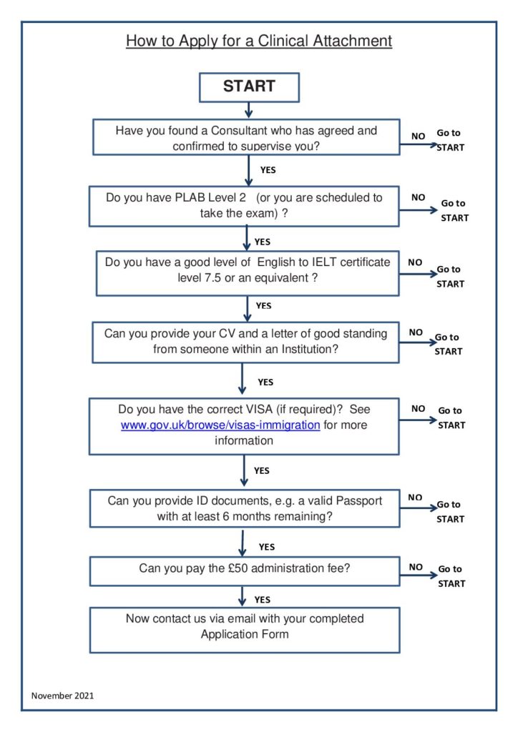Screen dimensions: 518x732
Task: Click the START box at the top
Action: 249,87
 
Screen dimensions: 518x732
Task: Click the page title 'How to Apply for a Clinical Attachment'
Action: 259,41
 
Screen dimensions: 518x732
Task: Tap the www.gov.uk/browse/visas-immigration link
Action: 220,425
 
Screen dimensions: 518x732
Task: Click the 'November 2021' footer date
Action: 62,696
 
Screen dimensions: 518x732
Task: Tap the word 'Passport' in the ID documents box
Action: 358,501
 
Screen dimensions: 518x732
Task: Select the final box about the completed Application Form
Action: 245,630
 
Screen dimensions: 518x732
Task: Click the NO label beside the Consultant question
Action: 418,137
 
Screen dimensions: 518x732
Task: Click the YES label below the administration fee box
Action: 263,600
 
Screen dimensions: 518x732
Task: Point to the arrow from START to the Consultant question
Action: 248,110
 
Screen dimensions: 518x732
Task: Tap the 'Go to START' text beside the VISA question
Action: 451,417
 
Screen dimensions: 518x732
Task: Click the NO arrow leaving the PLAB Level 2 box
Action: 419,210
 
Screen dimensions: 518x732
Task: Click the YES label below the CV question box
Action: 265,382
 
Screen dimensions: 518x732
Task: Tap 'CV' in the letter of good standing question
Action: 227,333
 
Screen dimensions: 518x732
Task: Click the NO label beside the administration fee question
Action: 416,567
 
